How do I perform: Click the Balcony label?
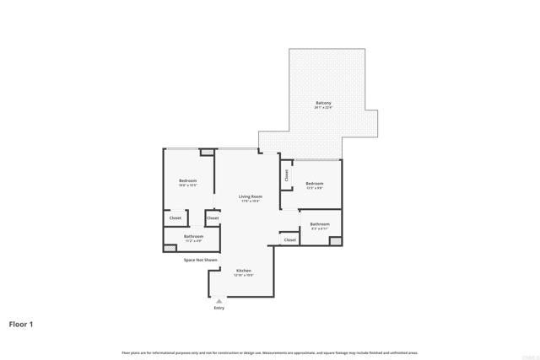(323, 103)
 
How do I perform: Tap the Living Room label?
(250, 196)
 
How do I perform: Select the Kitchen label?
(243, 271)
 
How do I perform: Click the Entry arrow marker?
(219, 300)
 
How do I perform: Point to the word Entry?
(219, 308)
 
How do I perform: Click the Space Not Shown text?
(201, 260)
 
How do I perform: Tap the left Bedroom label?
(187, 181)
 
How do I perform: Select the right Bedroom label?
(315, 183)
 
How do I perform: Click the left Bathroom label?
(193, 236)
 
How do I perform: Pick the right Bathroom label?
(320, 223)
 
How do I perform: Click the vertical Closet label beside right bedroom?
(286, 175)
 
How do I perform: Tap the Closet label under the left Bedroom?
(175, 218)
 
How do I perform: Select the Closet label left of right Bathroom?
(289, 239)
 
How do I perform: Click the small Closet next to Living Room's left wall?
(213, 218)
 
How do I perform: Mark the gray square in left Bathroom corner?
(168, 248)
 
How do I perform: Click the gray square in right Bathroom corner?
(336, 241)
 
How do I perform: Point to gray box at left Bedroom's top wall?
(207, 153)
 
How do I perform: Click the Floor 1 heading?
(21, 323)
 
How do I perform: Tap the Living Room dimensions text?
(250, 201)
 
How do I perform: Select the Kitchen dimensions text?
(243, 276)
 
